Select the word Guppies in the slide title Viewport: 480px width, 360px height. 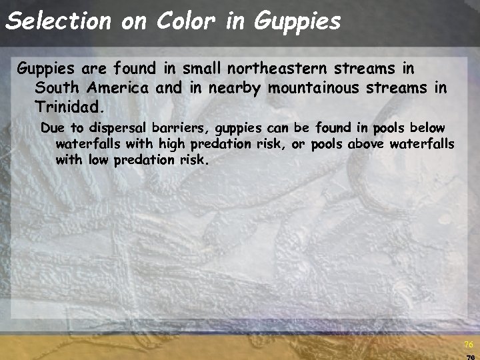coord(297,21)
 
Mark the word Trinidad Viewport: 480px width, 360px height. coord(70,107)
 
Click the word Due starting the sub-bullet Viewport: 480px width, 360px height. coord(51,127)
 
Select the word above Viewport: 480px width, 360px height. coord(366,144)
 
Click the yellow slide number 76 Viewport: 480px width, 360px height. coord(468,345)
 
